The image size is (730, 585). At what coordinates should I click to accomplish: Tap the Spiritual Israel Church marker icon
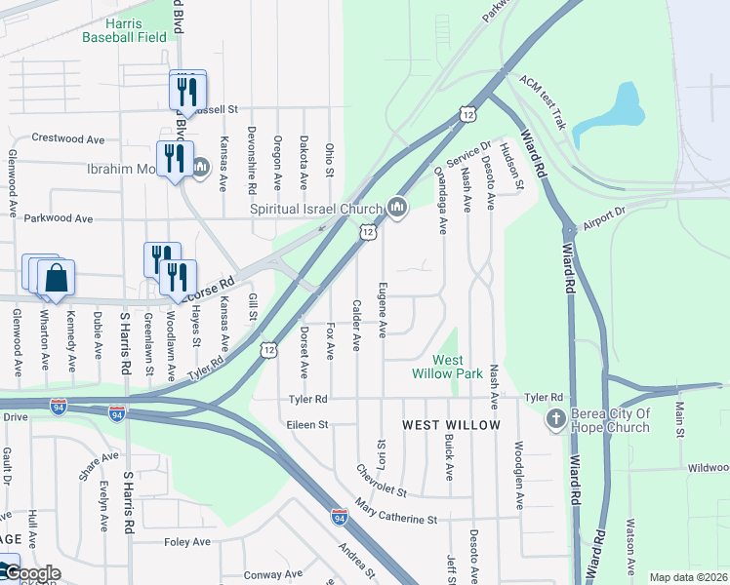point(396,208)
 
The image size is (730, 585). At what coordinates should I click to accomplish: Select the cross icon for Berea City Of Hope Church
point(556,419)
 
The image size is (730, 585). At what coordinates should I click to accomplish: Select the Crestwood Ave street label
point(67,139)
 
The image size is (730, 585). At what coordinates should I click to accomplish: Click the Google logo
point(31,573)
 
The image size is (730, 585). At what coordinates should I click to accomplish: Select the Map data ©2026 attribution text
point(688,577)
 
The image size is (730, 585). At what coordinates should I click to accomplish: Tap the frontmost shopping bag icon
point(58,280)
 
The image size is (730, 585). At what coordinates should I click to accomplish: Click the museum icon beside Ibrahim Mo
point(200,169)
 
